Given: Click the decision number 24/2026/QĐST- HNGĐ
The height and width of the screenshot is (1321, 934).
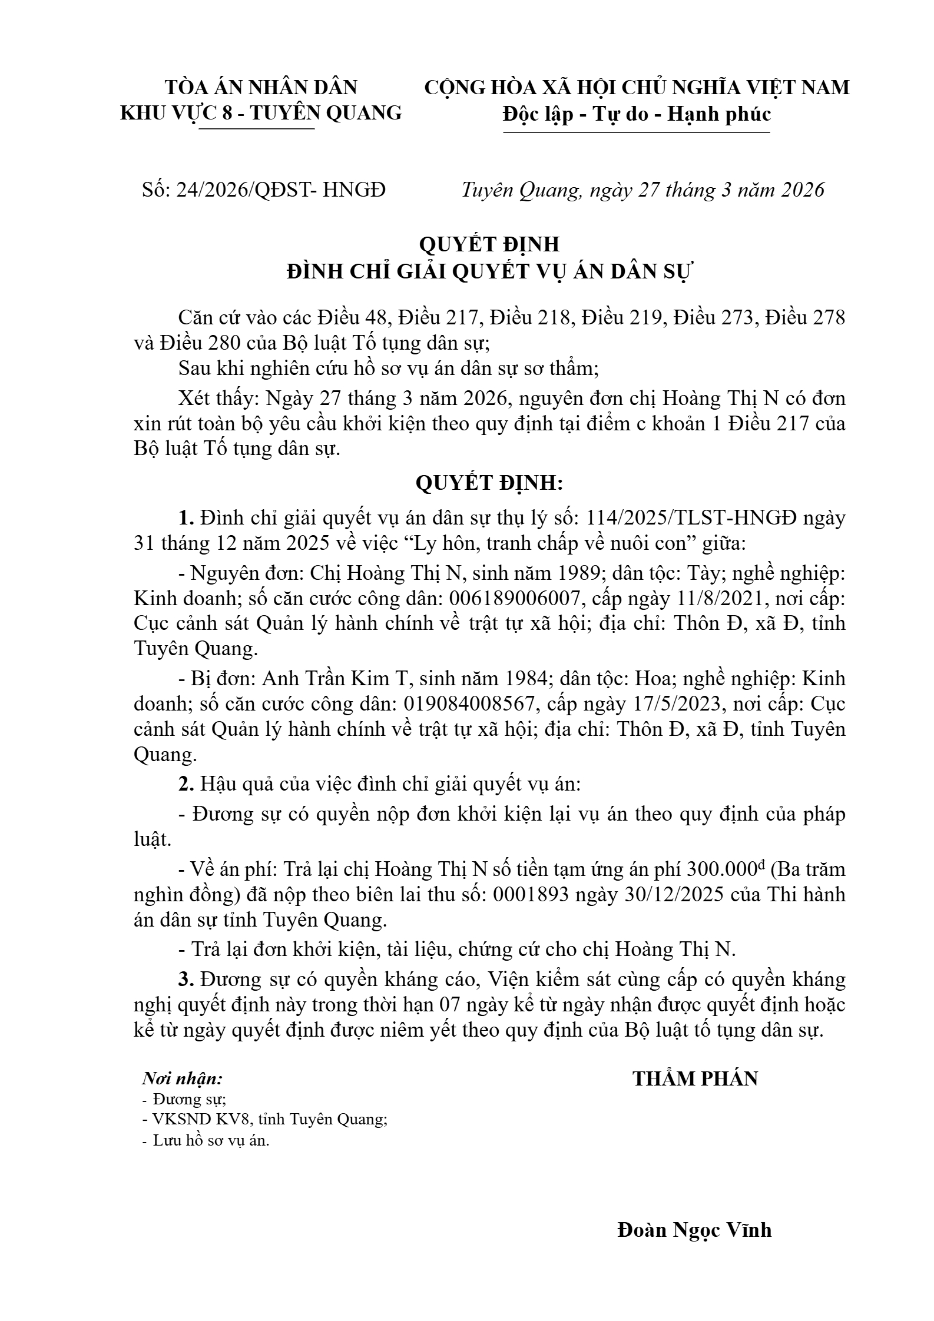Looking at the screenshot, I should (x=281, y=190).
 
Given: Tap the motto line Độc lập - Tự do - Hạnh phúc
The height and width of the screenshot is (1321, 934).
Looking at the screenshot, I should (x=637, y=114).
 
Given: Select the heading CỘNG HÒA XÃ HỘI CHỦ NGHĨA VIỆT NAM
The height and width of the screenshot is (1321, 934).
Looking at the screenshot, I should (x=637, y=88).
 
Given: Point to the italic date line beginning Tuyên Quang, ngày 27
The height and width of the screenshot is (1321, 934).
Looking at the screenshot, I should (x=642, y=190).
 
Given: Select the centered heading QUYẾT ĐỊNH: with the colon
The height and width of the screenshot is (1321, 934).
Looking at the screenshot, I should (x=490, y=483).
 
